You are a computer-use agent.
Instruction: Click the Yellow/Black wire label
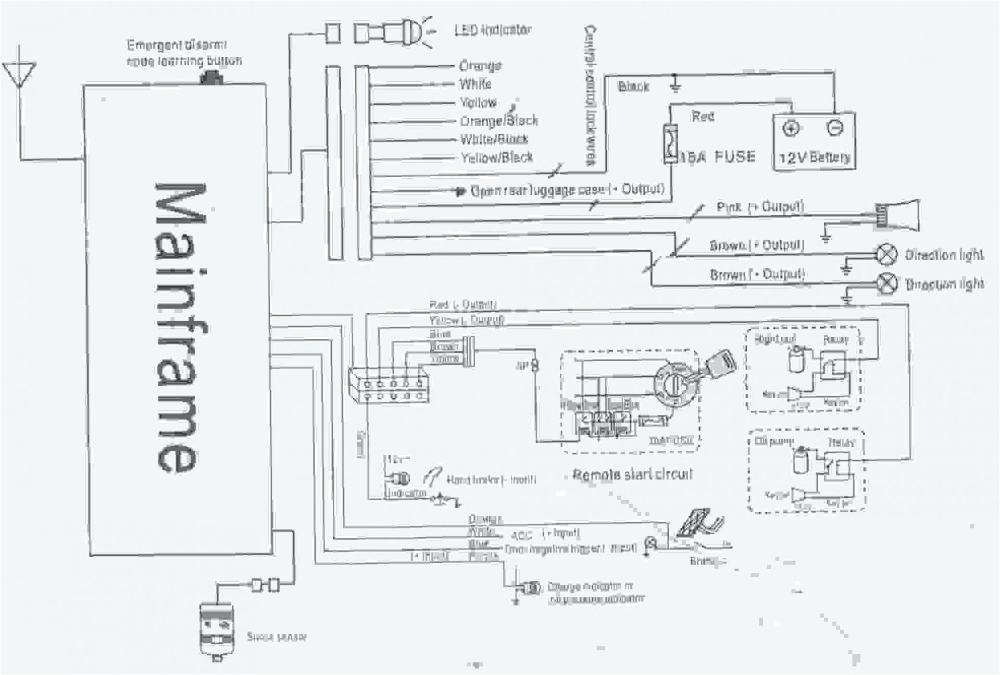tap(496, 157)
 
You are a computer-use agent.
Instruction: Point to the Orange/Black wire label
tap(498, 121)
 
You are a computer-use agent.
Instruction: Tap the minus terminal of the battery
tap(834, 128)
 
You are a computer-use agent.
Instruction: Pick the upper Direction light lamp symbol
tap(888, 254)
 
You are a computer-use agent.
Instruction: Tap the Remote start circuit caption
tap(632, 474)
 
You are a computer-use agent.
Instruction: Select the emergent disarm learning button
tap(211, 78)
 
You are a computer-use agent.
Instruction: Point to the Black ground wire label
tap(633, 87)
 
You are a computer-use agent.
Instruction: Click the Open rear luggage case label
tap(567, 190)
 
